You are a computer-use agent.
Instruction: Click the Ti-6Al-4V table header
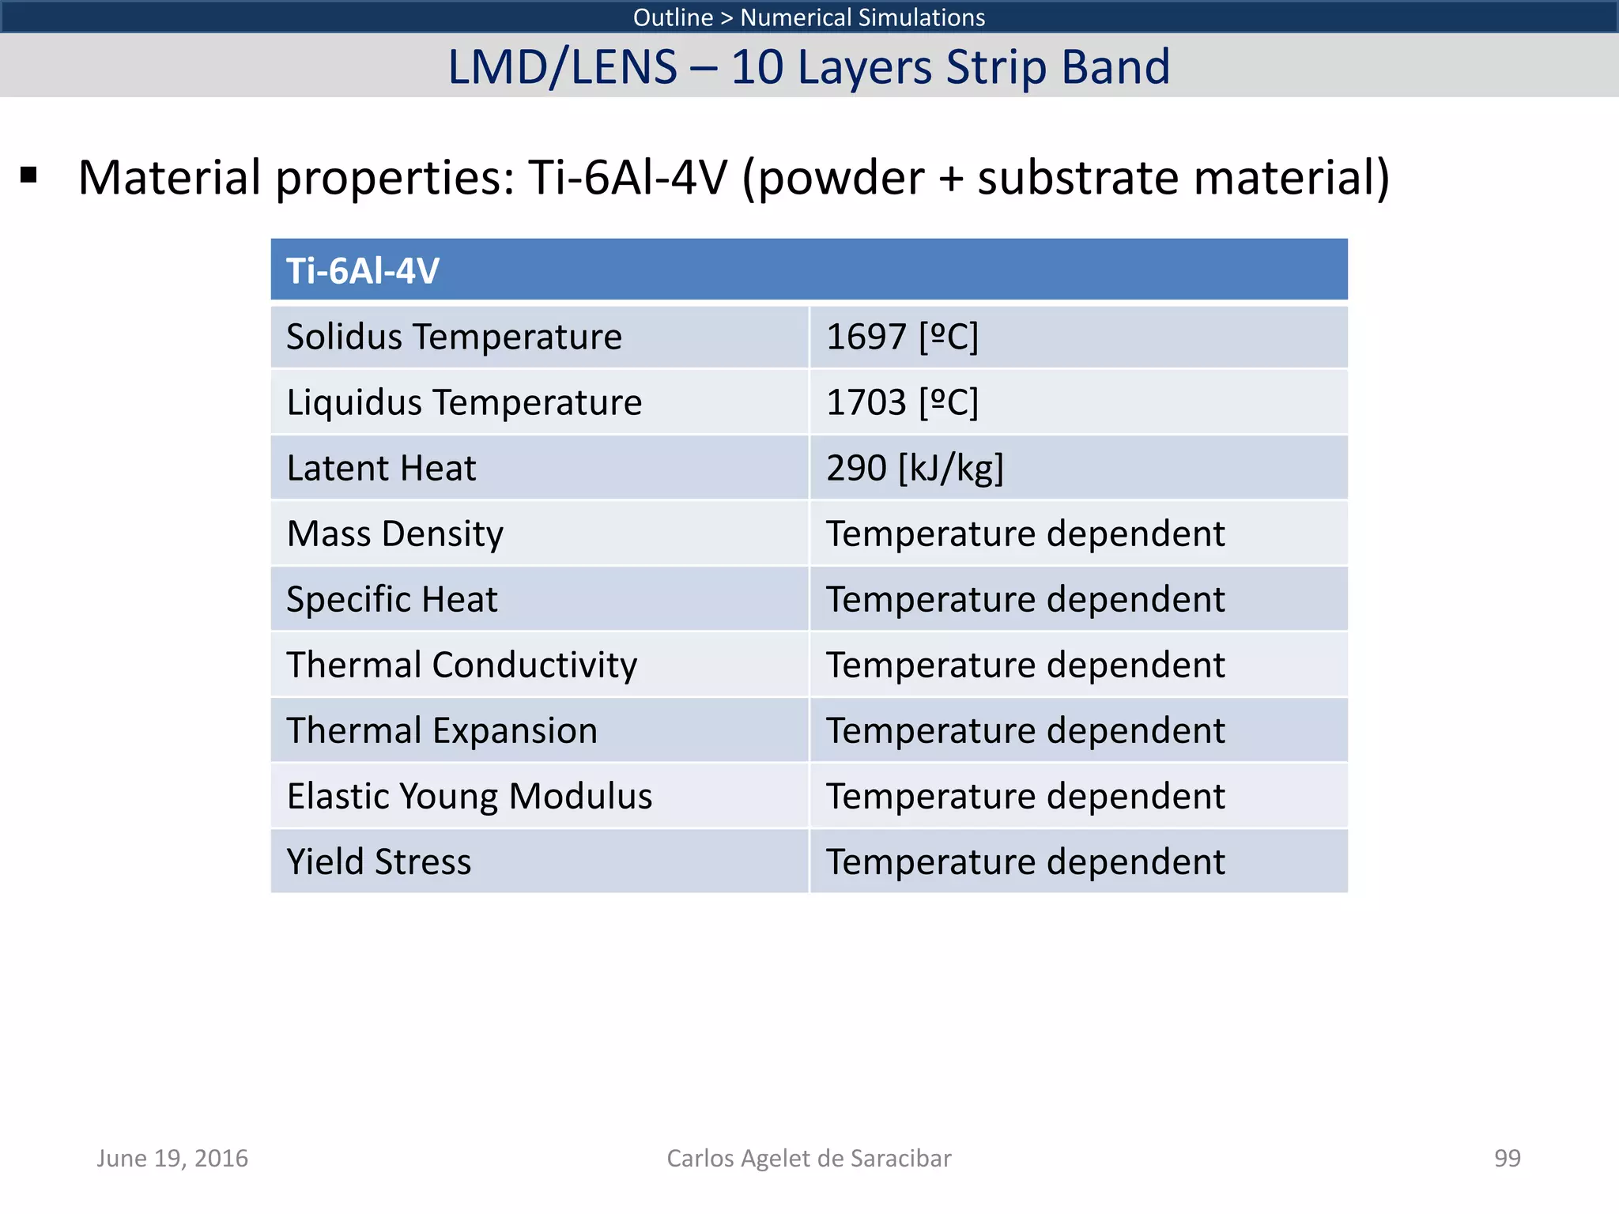click(x=363, y=271)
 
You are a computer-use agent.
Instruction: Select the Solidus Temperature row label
click(x=454, y=337)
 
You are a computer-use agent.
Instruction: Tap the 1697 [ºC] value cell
click(x=902, y=337)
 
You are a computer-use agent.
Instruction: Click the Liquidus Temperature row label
click(x=464, y=402)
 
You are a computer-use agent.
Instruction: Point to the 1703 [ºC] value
click(x=902, y=402)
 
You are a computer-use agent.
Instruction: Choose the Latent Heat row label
click(x=381, y=468)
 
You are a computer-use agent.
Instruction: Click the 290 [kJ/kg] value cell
click(x=915, y=468)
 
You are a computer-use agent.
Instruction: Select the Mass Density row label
click(x=394, y=533)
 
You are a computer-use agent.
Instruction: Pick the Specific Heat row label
click(x=392, y=599)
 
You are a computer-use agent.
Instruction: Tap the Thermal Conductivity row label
click(x=462, y=665)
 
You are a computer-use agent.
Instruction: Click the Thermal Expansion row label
click(x=442, y=730)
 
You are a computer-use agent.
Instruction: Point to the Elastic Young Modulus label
click(x=470, y=796)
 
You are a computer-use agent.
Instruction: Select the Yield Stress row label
click(x=379, y=861)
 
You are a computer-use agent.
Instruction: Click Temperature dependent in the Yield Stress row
click(x=1025, y=861)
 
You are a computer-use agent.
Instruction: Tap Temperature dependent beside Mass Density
click(x=1025, y=533)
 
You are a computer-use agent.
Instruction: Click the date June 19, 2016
click(x=172, y=1158)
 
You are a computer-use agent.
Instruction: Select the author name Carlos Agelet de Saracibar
click(x=809, y=1158)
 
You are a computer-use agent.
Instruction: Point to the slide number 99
click(x=1507, y=1158)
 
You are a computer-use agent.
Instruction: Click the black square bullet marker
click(x=29, y=175)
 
